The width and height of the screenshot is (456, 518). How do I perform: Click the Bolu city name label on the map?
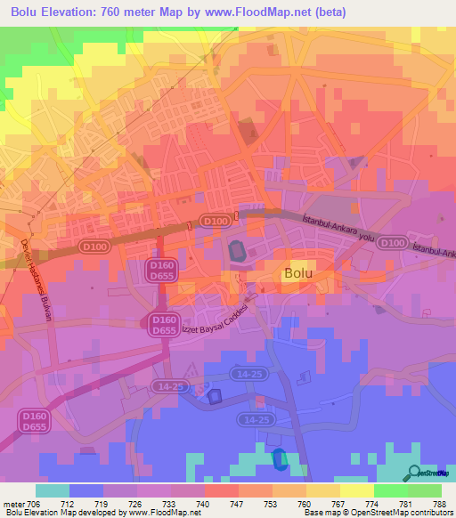297,273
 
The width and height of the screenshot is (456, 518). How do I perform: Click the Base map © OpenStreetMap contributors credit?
378,513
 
